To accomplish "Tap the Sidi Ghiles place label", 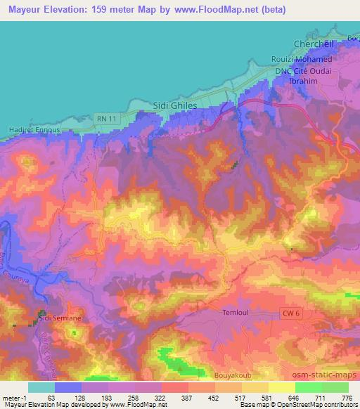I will (174, 105).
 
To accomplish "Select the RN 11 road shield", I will (103, 121).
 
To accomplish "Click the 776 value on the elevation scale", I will (346, 397).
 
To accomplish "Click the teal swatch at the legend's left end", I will (41, 387).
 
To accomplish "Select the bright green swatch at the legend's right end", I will (335, 387).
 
